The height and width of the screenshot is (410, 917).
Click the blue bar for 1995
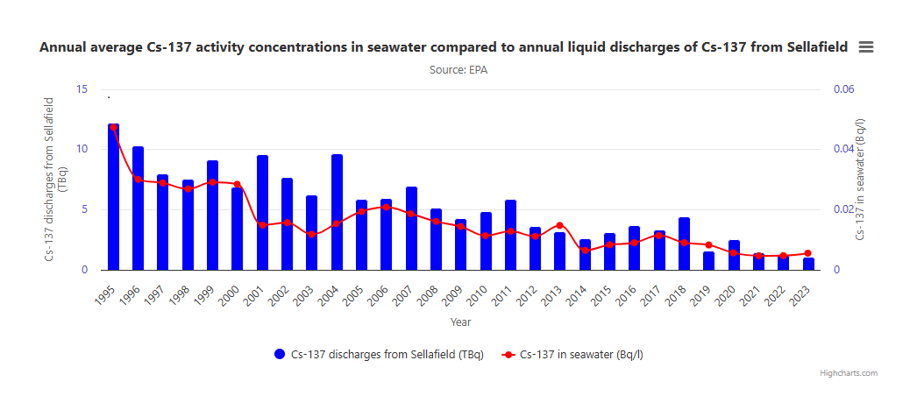click(x=113, y=197)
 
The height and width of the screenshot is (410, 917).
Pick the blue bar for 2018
click(x=684, y=244)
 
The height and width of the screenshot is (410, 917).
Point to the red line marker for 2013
click(x=559, y=225)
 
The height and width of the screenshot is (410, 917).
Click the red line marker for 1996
click(x=138, y=180)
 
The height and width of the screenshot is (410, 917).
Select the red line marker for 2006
click(x=387, y=208)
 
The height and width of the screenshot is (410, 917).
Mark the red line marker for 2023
click(x=808, y=253)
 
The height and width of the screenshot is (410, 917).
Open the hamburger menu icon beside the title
click(x=865, y=47)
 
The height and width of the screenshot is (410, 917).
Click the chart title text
click(x=444, y=47)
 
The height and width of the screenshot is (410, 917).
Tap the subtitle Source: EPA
click(x=458, y=70)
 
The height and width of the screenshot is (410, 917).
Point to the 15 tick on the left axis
click(x=82, y=89)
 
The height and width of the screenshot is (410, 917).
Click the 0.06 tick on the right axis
click(x=843, y=89)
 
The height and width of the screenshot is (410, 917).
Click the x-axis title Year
click(x=460, y=322)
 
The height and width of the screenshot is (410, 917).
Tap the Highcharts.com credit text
click(x=848, y=373)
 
